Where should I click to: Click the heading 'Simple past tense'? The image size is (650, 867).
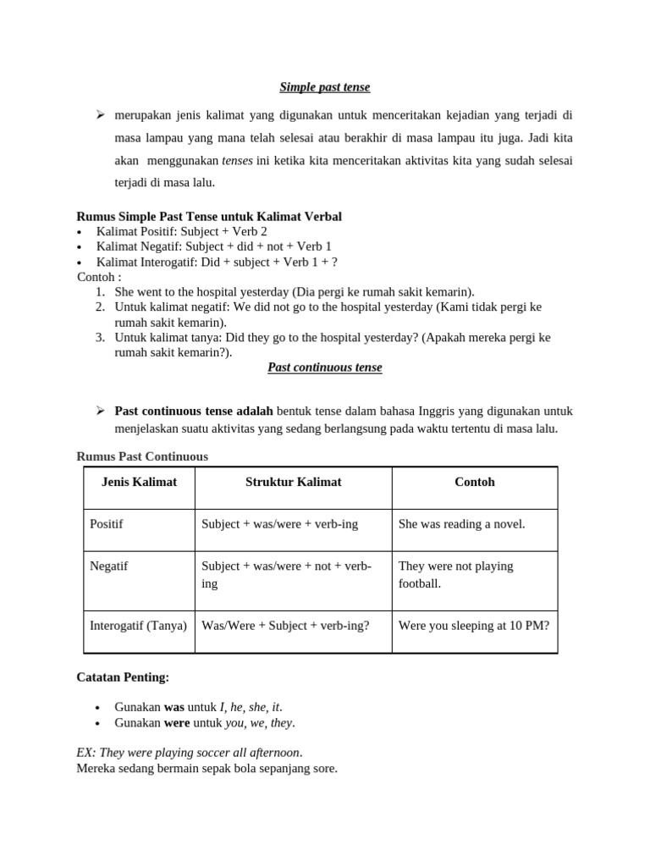point(325,87)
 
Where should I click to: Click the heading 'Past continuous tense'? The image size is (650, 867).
point(325,367)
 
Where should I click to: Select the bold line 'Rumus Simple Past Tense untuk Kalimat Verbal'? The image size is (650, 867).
point(209,217)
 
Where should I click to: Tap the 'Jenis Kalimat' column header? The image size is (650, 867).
point(139,482)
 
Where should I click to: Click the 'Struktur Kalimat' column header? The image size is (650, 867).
point(293,482)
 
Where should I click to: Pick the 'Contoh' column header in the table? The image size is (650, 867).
point(474,482)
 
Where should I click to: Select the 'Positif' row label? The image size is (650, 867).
point(107,524)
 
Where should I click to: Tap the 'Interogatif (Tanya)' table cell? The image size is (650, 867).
point(139,626)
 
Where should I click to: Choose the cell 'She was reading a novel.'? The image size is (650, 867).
point(461,524)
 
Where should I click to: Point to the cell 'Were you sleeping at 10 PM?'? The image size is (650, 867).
point(473,626)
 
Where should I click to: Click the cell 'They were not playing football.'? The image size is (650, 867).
point(456,574)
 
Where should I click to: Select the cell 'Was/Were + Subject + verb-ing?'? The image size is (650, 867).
point(285,626)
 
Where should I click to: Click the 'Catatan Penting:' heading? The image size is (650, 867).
point(123,677)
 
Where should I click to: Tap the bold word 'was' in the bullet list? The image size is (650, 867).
point(174,707)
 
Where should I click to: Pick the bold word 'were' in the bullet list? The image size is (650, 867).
point(176,723)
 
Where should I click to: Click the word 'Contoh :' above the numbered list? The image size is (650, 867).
point(99,277)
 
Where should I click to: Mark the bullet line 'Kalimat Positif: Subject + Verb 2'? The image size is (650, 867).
point(181,231)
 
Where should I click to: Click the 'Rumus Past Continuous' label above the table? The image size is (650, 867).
point(142,456)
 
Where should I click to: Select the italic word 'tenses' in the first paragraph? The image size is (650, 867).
point(237,160)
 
